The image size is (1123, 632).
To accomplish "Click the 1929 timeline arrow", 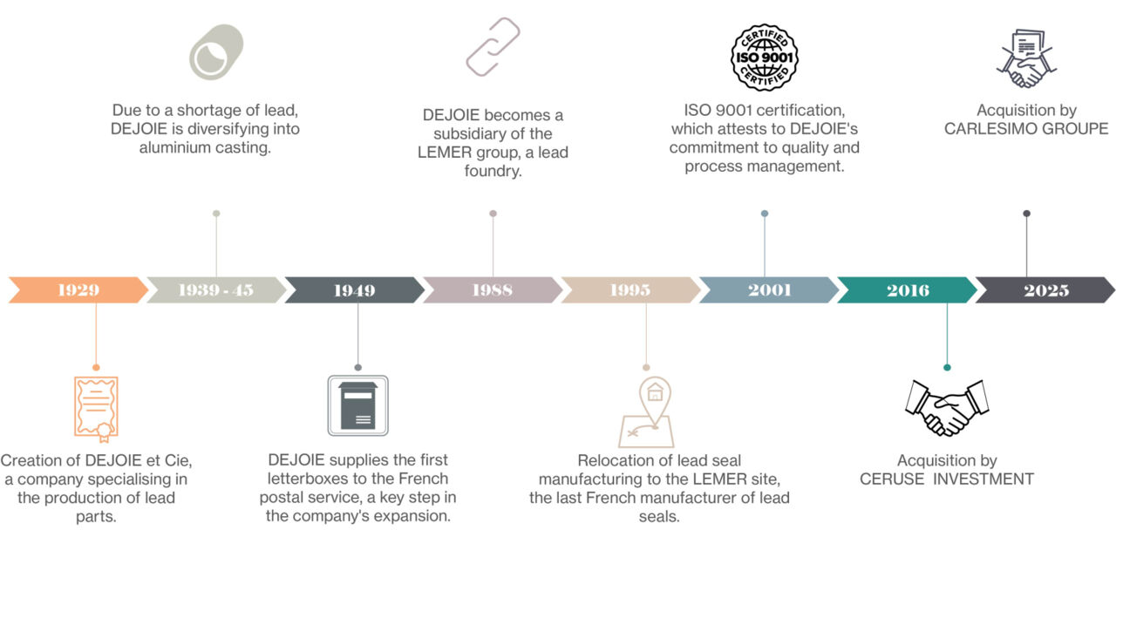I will (78, 290).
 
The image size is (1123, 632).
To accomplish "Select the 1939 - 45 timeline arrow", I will (215, 290).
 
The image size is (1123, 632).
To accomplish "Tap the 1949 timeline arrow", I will (354, 290).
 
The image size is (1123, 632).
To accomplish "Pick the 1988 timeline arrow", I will (493, 290).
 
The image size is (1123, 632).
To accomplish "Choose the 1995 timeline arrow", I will (630, 290).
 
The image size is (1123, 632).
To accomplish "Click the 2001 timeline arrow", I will (769, 290).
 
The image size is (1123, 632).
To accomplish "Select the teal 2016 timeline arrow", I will (908, 290).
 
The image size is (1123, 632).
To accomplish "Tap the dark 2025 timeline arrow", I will (1045, 290).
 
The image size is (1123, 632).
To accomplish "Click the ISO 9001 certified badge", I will (765, 58).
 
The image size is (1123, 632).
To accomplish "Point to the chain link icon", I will (493, 47).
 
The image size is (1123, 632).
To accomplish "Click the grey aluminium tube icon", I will (216, 52).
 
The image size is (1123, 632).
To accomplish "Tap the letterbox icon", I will (357, 405).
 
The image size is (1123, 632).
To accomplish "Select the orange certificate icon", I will (96, 407).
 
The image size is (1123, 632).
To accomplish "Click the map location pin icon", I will (647, 412).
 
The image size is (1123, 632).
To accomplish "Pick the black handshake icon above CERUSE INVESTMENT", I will (947, 407).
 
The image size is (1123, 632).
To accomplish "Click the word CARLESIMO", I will (989, 129).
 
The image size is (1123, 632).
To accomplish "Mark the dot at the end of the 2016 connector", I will (947, 368).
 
